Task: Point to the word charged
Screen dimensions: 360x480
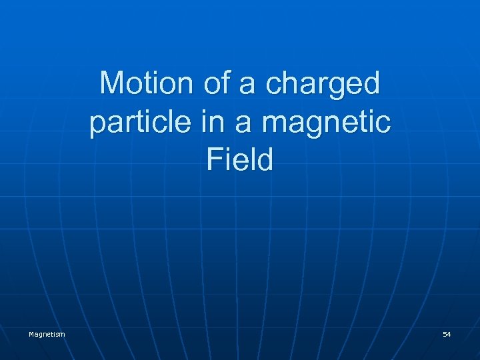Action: pos(323,85)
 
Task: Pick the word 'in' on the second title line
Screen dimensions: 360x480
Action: pos(203,122)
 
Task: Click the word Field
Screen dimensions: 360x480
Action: pos(240,161)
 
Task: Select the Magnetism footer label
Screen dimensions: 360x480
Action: pos(47,333)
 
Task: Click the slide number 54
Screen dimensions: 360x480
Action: pos(447,333)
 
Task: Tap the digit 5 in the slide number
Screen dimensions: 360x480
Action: pos(445,333)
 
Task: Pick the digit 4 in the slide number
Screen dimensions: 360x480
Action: pos(449,333)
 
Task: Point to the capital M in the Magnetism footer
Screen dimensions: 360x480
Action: pos(31,333)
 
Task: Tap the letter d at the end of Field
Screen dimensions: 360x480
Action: pos(265,161)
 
